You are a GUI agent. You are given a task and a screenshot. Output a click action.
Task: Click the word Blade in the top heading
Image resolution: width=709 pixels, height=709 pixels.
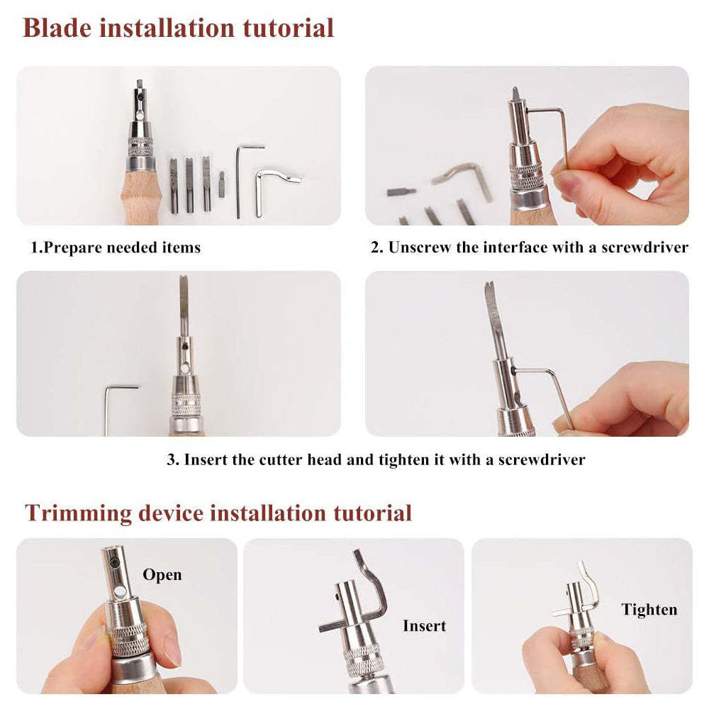pos(57,28)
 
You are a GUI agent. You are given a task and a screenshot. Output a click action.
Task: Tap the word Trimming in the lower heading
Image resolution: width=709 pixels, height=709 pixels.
pos(78,513)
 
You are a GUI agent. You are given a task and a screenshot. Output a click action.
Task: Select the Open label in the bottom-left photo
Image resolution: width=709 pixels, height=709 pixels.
pos(162,575)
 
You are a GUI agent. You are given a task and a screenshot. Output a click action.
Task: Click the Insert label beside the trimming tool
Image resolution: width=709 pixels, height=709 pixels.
pos(424,626)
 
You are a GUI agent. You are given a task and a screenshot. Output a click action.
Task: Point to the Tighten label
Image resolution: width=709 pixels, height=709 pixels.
pos(649,610)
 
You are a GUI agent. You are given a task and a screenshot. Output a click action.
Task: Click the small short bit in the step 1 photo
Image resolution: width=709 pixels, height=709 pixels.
pos(221,184)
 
